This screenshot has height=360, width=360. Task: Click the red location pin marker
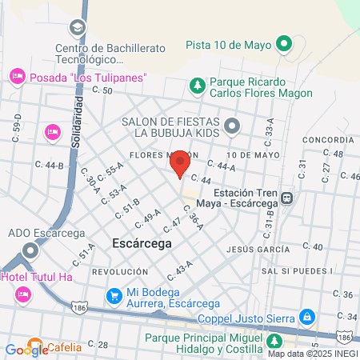180,163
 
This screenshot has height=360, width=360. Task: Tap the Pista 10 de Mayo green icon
283,44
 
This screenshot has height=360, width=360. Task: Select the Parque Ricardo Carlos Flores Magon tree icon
197,83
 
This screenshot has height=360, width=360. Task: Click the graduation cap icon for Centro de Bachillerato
77,28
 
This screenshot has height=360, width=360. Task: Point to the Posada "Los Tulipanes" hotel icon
16,77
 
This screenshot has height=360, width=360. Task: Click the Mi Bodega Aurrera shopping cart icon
115,294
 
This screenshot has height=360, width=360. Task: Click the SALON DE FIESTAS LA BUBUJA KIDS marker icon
232,125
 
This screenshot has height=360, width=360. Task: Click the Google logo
26,349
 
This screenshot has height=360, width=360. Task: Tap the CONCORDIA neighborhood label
322,139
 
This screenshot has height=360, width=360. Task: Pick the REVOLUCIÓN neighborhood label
120,272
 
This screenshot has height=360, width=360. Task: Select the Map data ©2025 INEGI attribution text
313,354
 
